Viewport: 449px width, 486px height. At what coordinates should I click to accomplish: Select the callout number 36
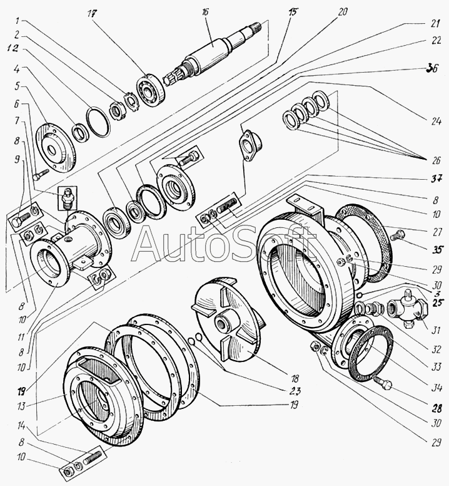(432, 68)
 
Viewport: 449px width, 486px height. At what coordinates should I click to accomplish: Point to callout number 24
(436, 121)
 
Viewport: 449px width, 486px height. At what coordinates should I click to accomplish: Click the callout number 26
(436, 160)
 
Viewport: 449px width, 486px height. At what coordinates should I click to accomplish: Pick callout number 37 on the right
(436, 179)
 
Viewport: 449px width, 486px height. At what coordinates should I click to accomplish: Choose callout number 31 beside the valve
(436, 331)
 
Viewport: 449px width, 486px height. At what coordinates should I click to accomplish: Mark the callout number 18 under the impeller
(295, 378)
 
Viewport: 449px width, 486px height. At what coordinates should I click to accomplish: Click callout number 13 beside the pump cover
(21, 406)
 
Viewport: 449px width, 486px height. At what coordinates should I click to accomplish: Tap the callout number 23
(295, 391)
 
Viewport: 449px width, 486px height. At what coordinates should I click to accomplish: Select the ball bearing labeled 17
(150, 90)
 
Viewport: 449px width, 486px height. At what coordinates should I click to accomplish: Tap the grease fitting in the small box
(68, 198)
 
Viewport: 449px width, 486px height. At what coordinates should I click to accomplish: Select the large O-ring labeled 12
(98, 122)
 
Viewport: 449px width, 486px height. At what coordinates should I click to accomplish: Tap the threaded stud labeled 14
(92, 456)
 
